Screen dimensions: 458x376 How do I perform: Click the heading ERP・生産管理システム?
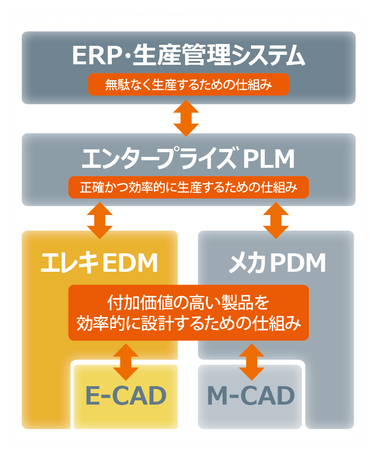(x=188, y=56)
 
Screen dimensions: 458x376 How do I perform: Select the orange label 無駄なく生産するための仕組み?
(x=188, y=85)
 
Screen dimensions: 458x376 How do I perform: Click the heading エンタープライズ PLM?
(x=188, y=159)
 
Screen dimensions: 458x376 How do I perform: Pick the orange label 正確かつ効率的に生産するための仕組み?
(x=188, y=187)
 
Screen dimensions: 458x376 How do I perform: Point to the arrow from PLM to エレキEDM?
(x=100, y=219)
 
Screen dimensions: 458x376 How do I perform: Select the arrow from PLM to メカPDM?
(x=276, y=219)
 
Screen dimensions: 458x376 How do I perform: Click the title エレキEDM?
(x=99, y=263)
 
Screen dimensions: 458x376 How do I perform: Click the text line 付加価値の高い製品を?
(x=188, y=301)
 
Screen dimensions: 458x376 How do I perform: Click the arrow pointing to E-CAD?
(x=126, y=361)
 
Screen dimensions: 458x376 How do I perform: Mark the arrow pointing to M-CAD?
(x=251, y=361)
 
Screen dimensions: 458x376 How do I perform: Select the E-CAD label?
(x=125, y=396)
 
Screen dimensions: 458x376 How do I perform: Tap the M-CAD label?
(x=251, y=396)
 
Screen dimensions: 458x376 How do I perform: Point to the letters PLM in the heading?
(x=269, y=159)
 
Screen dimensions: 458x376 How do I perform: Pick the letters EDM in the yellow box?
(x=130, y=263)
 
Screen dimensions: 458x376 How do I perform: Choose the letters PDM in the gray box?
(x=298, y=263)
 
